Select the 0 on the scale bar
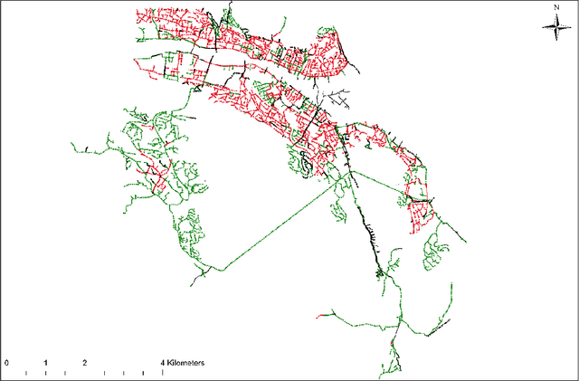7,362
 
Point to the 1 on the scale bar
45,362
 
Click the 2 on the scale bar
84,362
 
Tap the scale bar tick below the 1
45,371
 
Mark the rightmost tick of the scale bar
163,371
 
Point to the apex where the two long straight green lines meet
350,170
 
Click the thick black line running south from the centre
371,240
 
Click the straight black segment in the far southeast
433,331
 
